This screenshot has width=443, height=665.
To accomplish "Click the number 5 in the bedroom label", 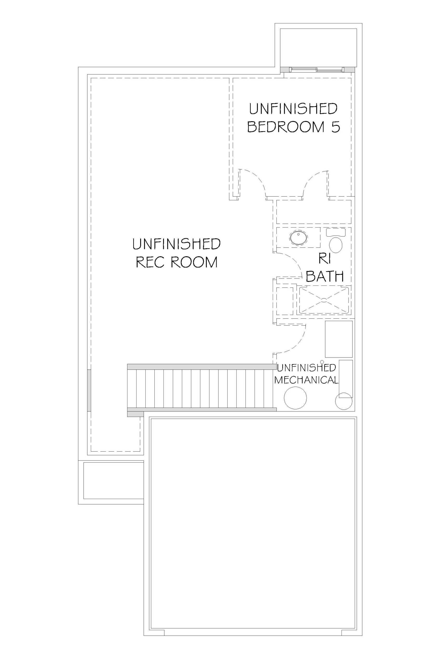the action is coord(336,127).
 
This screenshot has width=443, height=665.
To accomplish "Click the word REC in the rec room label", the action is coord(149,262).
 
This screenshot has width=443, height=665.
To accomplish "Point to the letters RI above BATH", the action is coord(325,258).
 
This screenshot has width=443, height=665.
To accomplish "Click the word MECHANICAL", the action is coord(306,380).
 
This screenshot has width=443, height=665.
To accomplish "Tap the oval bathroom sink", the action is coord(298,238).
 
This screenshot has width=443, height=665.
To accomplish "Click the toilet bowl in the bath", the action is coord(336,245).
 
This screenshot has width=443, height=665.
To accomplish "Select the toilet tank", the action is coord(336,232).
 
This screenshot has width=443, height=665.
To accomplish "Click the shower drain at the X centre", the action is coord(324,300).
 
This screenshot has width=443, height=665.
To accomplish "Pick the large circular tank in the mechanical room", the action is coord(295,398).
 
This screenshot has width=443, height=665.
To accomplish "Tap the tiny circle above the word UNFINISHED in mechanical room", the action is coord(322,362).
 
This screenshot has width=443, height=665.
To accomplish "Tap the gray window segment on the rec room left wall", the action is coord(89,390).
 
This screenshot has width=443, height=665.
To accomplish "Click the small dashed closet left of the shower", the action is coord(284,301).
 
